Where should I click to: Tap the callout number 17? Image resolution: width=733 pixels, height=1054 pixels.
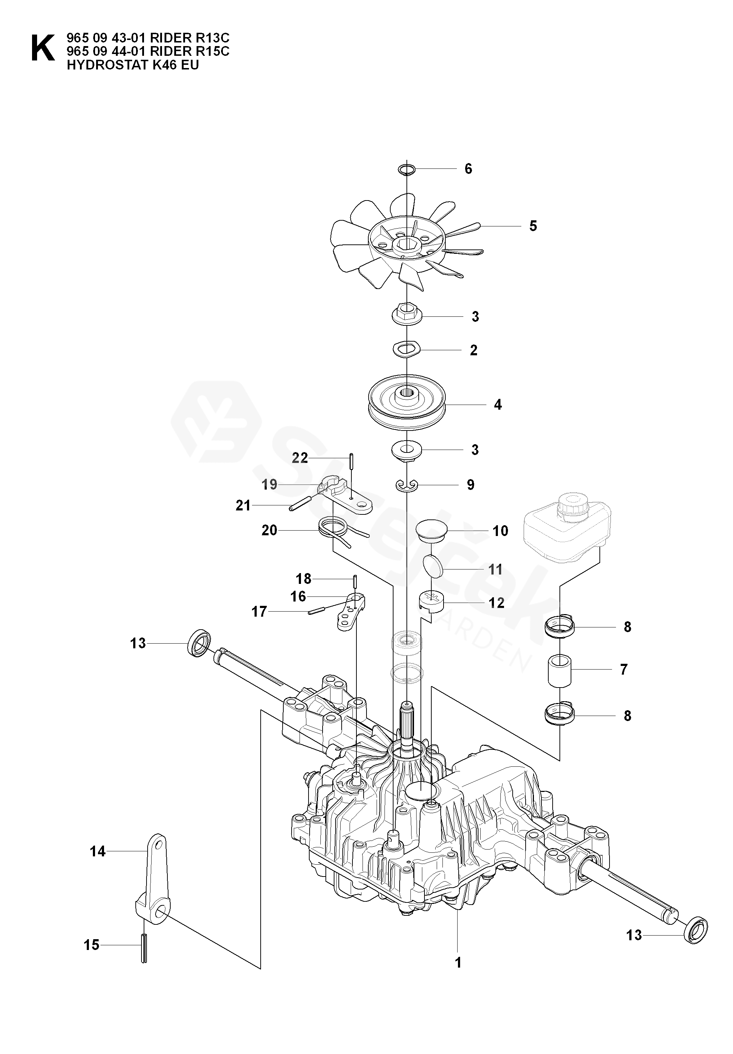click(259, 612)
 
